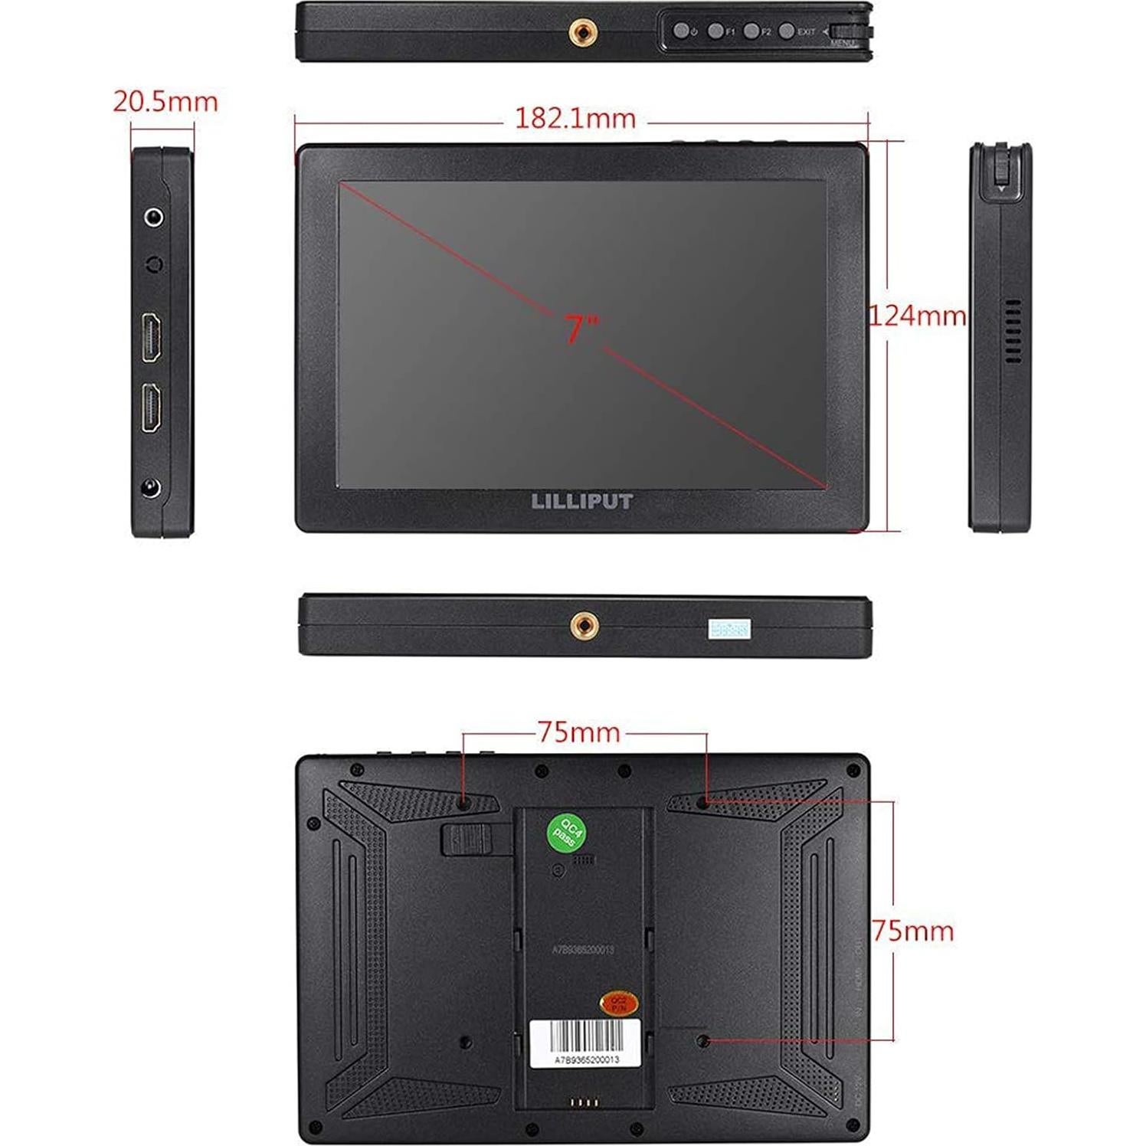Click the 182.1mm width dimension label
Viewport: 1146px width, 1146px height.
coord(575,119)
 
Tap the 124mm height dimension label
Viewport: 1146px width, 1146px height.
coord(917,315)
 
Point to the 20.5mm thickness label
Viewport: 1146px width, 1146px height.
coord(165,101)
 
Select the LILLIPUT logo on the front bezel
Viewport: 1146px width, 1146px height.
coord(582,502)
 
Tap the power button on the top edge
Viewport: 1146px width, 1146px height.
coord(679,31)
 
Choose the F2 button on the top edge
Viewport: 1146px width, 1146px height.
coord(751,31)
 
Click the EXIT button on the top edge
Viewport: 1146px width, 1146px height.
coord(786,31)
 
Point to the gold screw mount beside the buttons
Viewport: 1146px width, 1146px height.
coord(578,31)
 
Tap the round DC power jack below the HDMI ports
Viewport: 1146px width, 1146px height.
coord(152,488)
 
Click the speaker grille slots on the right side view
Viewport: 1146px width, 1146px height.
coord(1013,331)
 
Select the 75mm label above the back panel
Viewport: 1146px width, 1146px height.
coord(578,732)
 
